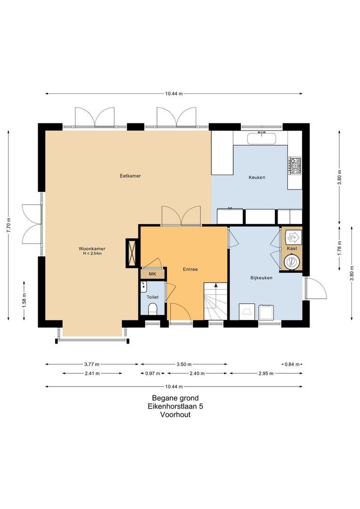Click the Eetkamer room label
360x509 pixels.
pos(131,176)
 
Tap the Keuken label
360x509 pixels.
pos(257,177)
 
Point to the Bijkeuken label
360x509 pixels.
pos(262,278)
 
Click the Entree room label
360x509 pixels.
pos(190,270)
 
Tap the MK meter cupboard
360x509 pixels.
pos(153,274)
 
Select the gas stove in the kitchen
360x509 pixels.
pos(295,165)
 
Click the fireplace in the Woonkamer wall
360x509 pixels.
pos(131,253)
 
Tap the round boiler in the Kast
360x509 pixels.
pos(291,262)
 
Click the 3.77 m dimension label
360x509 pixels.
pos(92,364)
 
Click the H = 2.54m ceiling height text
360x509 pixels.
pos(92,254)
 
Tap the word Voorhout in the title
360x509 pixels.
pos(175,415)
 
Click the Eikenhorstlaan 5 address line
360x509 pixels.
pos(175,406)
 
